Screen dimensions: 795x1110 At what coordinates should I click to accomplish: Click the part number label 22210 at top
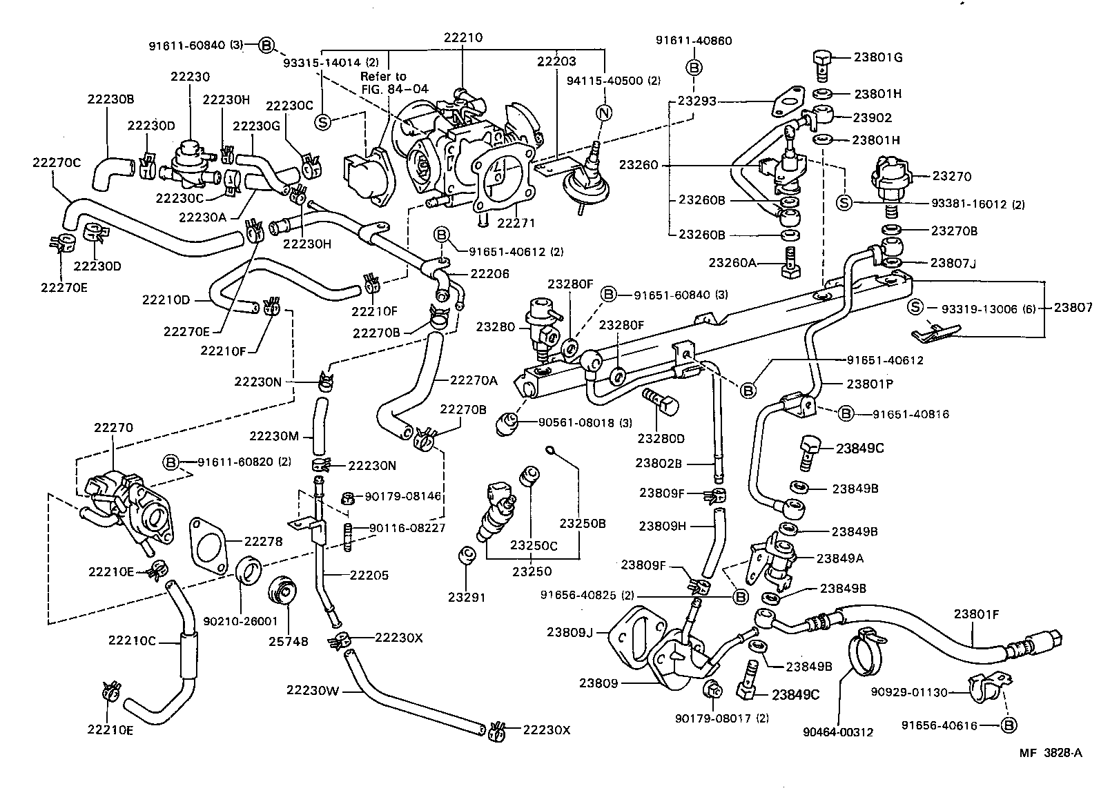pyautogui.click(x=463, y=39)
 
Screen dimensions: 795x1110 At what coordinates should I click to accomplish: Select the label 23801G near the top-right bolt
pyautogui.click(x=878, y=58)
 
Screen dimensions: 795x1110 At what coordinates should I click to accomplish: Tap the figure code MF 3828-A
pyautogui.click(x=1051, y=753)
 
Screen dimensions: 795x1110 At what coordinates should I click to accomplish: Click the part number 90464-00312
pyautogui.click(x=838, y=732)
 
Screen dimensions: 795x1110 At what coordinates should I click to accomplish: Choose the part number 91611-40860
pyautogui.click(x=694, y=41)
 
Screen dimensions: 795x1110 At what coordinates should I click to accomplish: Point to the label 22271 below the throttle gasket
pyautogui.click(x=516, y=223)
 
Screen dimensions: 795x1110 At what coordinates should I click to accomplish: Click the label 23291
pyautogui.click(x=467, y=598)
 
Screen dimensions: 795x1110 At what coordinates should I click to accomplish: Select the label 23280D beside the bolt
pyautogui.click(x=661, y=438)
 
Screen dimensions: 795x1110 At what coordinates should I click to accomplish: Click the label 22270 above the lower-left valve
pyautogui.click(x=113, y=428)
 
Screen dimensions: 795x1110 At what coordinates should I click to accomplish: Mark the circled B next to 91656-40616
pyautogui.click(x=1009, y=725)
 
